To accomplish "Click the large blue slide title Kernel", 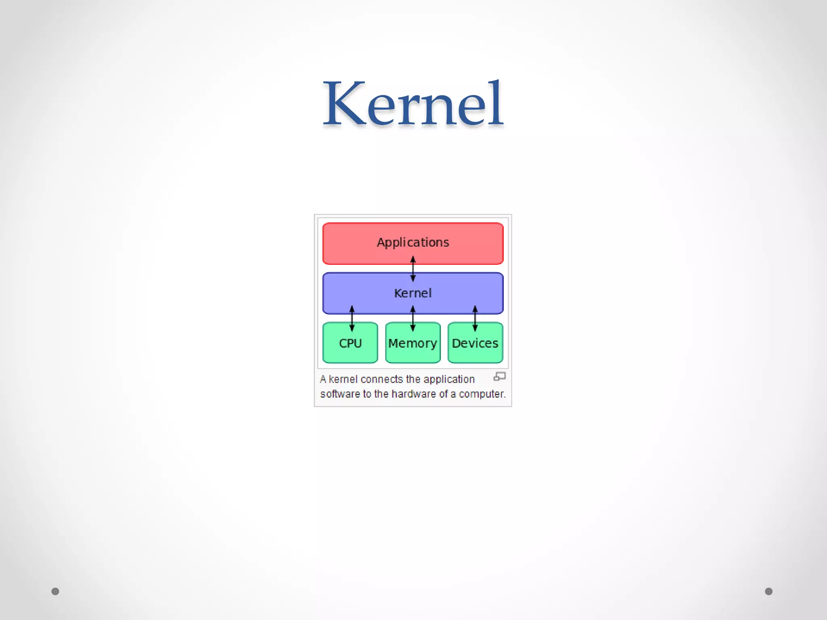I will (413, 104).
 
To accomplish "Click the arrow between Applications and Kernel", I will (413, 269).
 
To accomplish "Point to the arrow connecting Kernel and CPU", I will (352, 318).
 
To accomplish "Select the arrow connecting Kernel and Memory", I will (413, 318).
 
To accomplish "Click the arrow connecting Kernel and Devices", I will (475, 318).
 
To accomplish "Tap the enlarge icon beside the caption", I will (500, 377).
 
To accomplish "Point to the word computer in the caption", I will (482, 394).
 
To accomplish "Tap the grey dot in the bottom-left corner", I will (55, 591).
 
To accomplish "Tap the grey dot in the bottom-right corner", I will (768, 591).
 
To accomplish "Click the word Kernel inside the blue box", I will (413, 293).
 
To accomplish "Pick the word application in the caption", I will (449, 379).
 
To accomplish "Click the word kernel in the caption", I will (343, 379).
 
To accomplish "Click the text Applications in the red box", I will (413, 242).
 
